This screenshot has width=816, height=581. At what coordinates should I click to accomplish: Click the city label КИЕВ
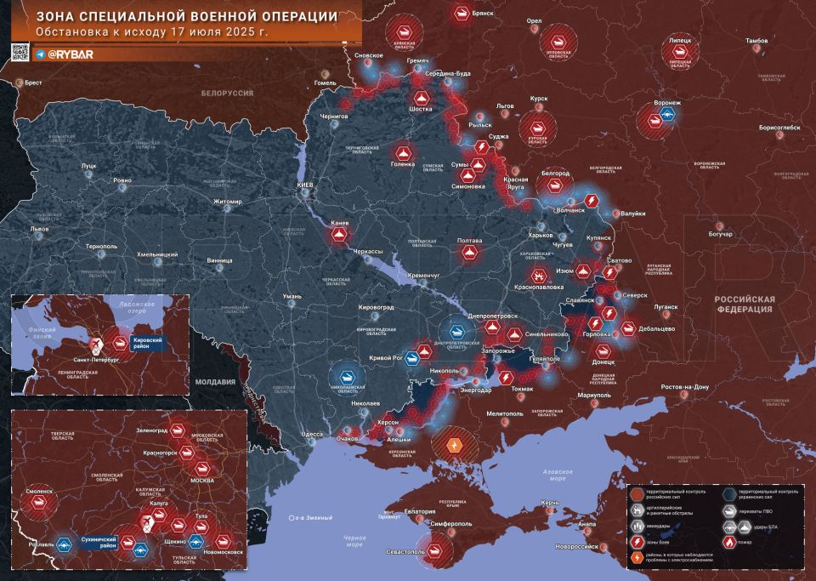[303, 185]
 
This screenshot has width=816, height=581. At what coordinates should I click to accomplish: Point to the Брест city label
[34, 82]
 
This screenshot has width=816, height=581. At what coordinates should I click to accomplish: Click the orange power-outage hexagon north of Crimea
[454, 444]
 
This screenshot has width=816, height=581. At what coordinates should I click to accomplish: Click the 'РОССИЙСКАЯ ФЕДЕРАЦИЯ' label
[744, 305]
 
